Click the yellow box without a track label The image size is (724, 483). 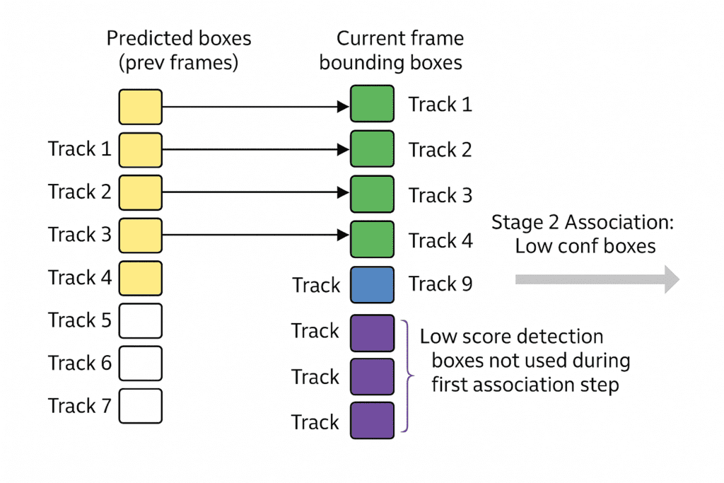(x=140, y=107)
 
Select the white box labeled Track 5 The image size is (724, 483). (x=140, y=320)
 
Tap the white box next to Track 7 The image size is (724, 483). (x=140, y=406)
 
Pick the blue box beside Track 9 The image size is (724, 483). (x=372, y=285)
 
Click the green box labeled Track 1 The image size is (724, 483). (x=372, y=104)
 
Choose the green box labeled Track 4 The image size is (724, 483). (x=372, y=240)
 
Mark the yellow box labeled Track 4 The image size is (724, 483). (x=140, y=278)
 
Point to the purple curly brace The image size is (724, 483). (x=405, y=376)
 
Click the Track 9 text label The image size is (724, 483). (x=440, y=284)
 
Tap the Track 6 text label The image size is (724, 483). (x=80, y=363)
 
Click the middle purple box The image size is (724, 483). (x=372, y=376)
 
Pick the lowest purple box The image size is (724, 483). (x=372, y=421)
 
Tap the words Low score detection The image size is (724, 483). (x=511, y=337)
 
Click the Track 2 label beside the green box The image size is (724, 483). (x=440, y=150)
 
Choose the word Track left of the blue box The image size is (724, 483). (x=316, y=286)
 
